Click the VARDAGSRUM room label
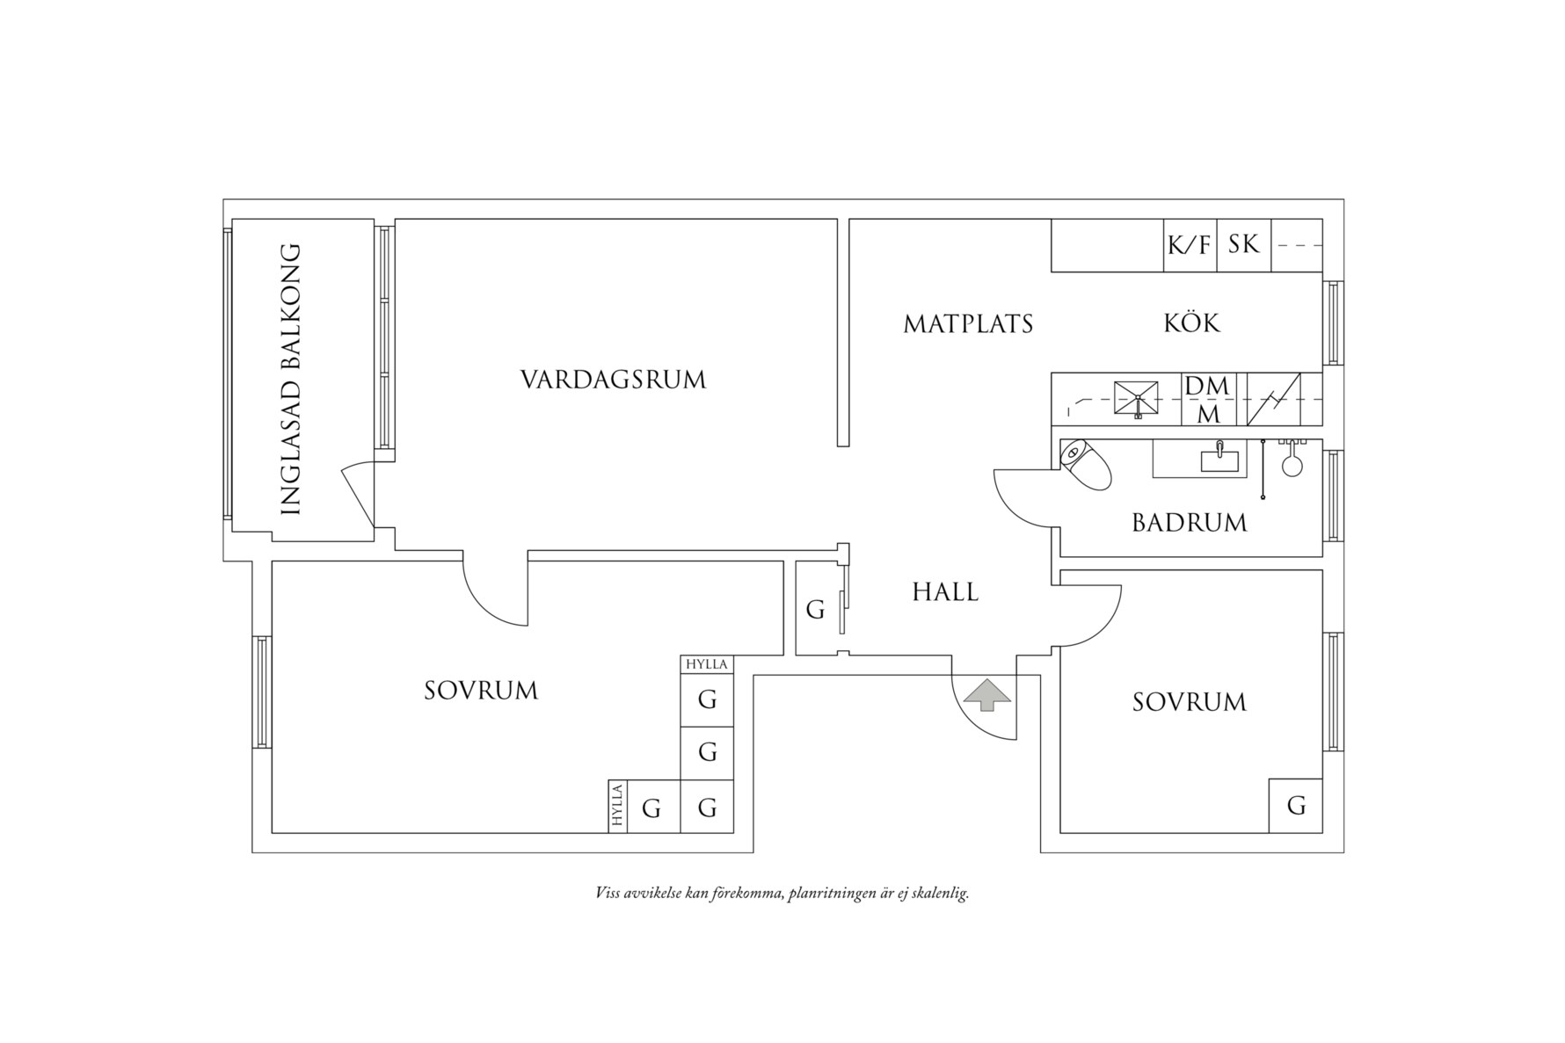click(x=613, y=380)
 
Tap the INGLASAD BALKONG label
click(x=290, y=380)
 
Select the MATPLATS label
click(x=968, y=324)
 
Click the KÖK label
click(x=1192, y=323)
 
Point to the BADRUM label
click(x=1189, y=523)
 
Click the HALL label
click(x=945, y=592)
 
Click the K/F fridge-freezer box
click(x=1189, y=245)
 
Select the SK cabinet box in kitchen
click(x=1243, y=244)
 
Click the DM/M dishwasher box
click(x=1207, y=399)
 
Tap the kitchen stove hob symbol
click(x=1137, y=398)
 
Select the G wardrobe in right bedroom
click(x=1296, y=806)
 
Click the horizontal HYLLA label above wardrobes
click(x=707, y=664)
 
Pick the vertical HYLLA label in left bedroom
click(x=618, y=807)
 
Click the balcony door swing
click(x=359, y=497)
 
